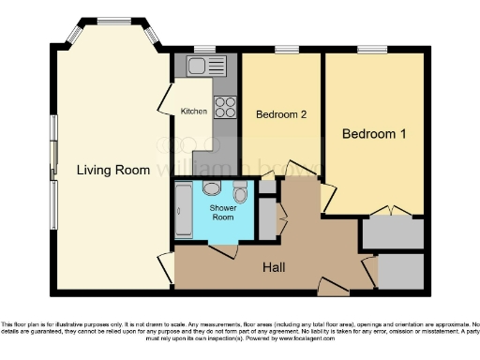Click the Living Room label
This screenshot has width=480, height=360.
tap(113, 170)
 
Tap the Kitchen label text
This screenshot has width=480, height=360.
tap(194, 112)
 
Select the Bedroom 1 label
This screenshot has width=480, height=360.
tap(373, 134)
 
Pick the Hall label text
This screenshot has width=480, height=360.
tap(274, 267)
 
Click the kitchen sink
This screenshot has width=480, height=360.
tap(200, 65)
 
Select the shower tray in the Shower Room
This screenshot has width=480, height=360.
tap(184, 211)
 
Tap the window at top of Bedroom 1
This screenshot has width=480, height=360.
tap(372, 49)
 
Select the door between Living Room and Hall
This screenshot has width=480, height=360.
tap(166, 266)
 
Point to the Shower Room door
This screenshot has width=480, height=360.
tap(223, 250)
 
